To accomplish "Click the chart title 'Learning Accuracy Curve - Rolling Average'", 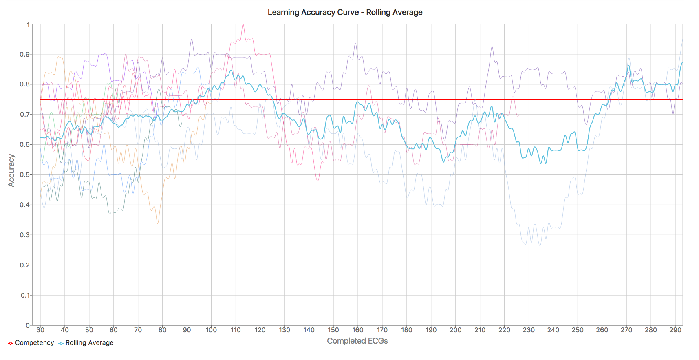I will click(x=345, y=12).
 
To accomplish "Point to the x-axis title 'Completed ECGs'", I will click(x=357, y=341).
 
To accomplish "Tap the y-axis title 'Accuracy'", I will click(x=11, y=170).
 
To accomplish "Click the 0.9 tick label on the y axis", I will click(x=24, y=54).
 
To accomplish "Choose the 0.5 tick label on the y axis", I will click(x=24, y=174).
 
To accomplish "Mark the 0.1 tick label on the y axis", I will click(x=24, y=295).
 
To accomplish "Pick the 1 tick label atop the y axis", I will click(x=28, y=25).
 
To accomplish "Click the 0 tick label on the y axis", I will click(x=28, y=325).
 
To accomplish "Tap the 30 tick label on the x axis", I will click(x=40, y=330).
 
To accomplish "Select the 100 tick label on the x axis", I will click(x=211, y=330).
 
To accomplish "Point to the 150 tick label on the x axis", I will click(x=333, y=330).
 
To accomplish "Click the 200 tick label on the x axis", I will click(x=455, y=330).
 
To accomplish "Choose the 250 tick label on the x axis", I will click(x=578, y=330).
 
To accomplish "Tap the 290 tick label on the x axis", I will click(x=675, y=330).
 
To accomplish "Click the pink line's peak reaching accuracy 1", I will click(x=243, y=24).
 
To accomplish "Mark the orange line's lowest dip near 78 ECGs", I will click(x=158, y=223).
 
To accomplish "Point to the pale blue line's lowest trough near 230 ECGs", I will click(x=526, y=244).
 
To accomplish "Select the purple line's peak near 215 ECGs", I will click(x=492, y=47).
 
